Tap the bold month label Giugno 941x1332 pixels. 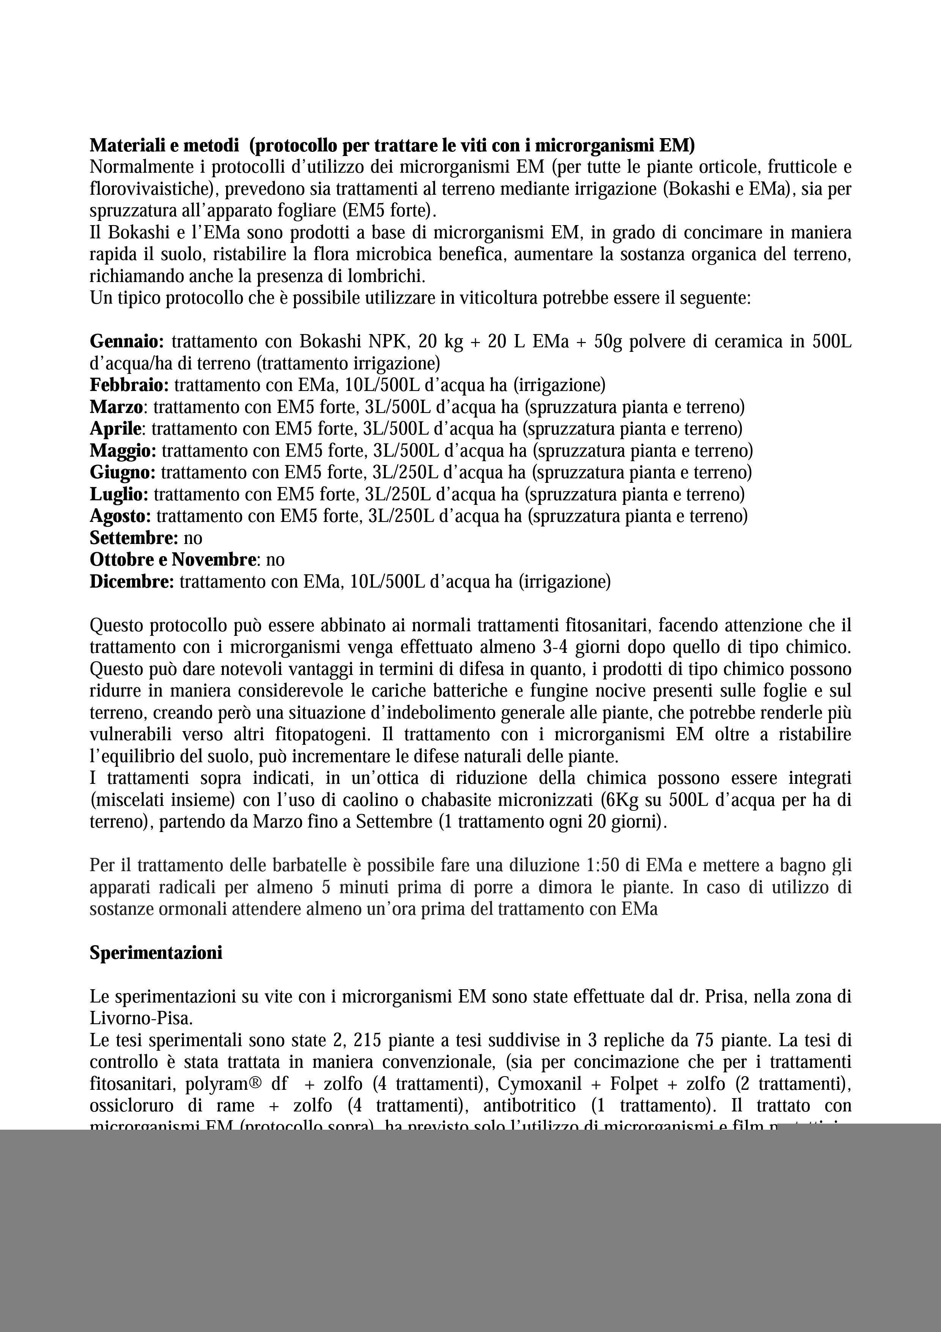pos(122,473)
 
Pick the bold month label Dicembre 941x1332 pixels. pos(132,582)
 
